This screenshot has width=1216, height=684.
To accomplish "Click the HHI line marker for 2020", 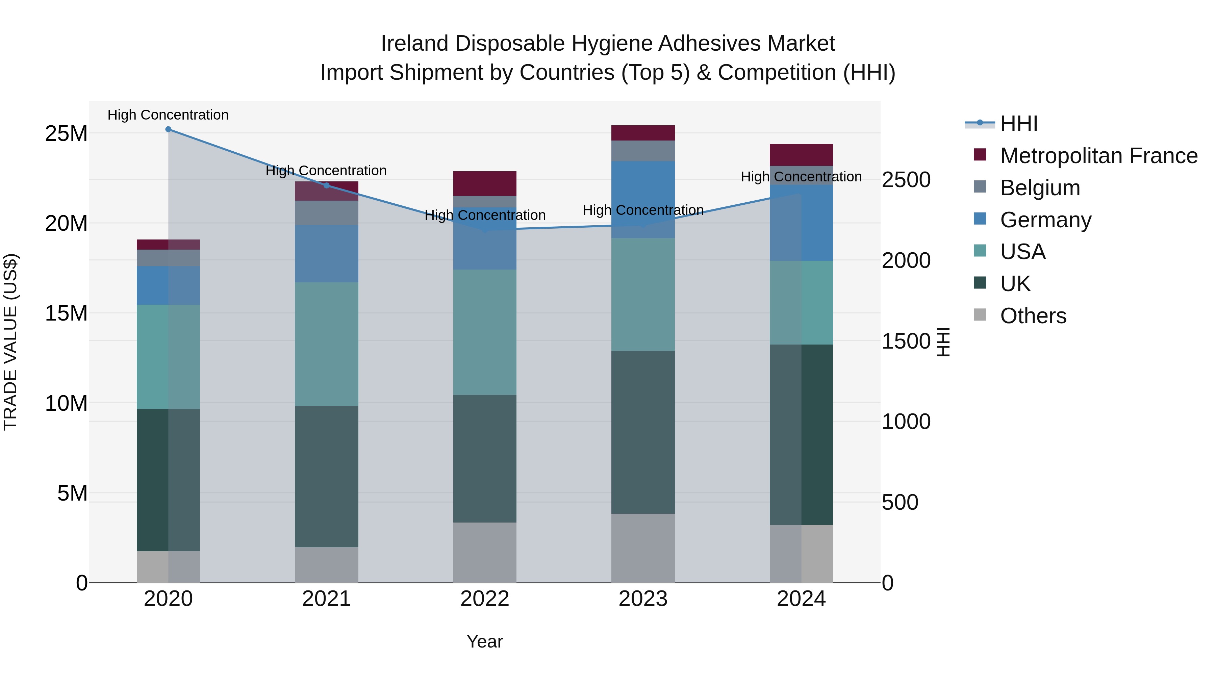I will point(168,129).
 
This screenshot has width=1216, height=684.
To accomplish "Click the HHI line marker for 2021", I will point(326,185).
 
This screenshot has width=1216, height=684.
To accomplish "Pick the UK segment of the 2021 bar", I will point(326,476).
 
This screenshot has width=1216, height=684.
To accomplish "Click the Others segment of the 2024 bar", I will point(801,553).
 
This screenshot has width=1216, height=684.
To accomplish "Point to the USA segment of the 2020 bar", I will point(168,357).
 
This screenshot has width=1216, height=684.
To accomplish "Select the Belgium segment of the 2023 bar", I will point(643,151).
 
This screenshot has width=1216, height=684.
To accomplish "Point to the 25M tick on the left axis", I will point(66,133).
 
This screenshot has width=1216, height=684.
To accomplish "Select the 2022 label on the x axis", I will point(484,599).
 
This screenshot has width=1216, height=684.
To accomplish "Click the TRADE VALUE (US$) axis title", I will point(10,342).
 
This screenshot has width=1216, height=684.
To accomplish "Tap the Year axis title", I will point(484,641).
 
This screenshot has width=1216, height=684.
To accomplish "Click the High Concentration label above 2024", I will point(801,177).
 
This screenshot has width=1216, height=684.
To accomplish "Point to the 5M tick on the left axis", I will point(72,493).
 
